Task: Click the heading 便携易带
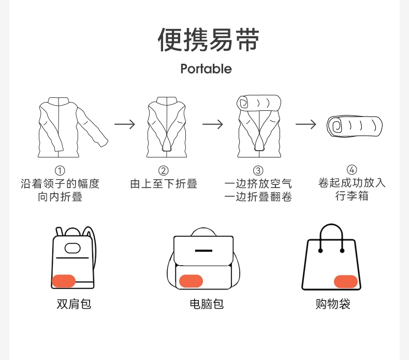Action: pos(208,40)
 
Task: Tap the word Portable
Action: pos(206,69)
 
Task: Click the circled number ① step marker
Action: pos(60,170)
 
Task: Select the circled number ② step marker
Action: pos(164,170)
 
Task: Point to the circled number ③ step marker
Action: pos(258,170)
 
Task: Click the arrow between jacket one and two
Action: pos(125,124)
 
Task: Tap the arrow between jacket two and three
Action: pos(213,124)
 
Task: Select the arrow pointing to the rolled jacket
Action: pos(306,124)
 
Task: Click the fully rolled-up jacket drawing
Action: pos(355,126)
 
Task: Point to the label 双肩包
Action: pos(74,304)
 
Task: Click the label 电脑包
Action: pos(206,304)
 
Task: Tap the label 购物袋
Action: pos(333,304)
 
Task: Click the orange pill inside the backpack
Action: pos(64,281)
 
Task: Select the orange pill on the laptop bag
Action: pos(191,281)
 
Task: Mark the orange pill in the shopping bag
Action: pos(346,281)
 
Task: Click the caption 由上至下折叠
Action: pos(164,184)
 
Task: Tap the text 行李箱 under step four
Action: pos(352,196)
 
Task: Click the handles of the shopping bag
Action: pos(331,236)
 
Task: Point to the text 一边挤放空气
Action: pos(258,184)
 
